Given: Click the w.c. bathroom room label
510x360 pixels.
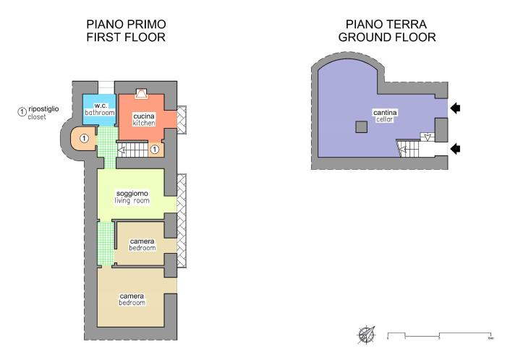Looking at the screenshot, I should click(x=100, y=108).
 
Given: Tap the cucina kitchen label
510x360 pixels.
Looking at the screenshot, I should click(x=143, y=119).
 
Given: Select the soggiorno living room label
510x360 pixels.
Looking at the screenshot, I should click(x=132, y=197).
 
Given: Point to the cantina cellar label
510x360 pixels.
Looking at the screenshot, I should click(x=385, y=116).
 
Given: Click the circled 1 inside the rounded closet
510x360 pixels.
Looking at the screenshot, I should click(x=85, y=137).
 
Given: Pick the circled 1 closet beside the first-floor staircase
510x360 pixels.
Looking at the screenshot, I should click(x=154, y=150).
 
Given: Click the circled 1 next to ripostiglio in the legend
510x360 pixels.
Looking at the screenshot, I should click(x=22, y=111).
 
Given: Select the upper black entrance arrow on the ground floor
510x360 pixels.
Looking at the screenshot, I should click(x=456, y=108).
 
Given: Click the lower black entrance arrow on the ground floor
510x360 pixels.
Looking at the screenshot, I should click(x=456, y=149).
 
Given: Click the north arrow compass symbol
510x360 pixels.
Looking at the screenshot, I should click(x=365, y=335).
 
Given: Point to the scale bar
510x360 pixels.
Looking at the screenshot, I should click(x=440, y=335).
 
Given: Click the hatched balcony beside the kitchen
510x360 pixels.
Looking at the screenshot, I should click(x=182, y=119).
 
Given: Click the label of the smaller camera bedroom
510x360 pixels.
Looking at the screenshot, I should click(x=143, y=244).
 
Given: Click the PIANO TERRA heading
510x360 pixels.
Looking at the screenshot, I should click(x=387, y=23).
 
